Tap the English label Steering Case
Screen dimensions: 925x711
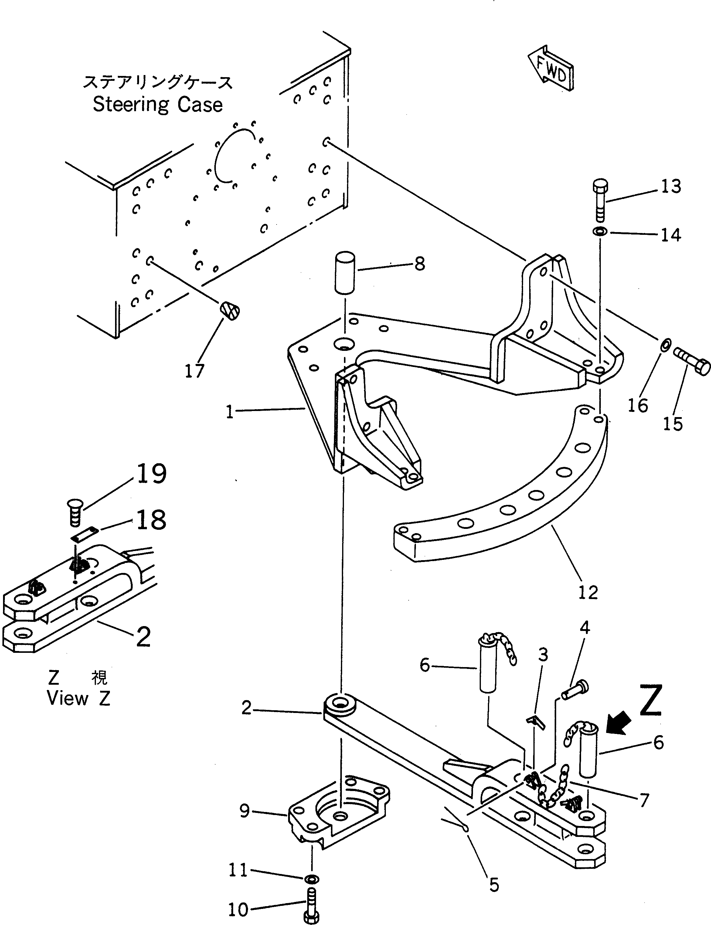click(x=158, y=104)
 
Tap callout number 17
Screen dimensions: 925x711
click(x=195, y=372)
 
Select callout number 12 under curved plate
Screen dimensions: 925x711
click(x=587, y=592)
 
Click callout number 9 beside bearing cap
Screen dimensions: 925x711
click(x=245, y=811)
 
